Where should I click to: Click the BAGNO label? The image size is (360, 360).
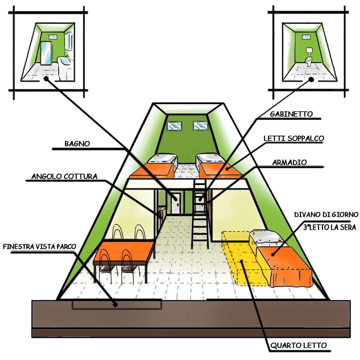click(x=77, y=144)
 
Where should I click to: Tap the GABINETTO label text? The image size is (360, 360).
click(x=291, y=114)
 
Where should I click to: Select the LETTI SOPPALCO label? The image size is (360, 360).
click(x=294, y=138)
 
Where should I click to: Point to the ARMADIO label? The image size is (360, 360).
click(x=289, y=162)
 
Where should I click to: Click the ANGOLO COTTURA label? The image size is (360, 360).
click(x=64, y=176)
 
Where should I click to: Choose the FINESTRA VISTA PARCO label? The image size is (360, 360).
click(x=40, y=247)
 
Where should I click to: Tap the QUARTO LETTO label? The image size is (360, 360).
click(x=299, y=345)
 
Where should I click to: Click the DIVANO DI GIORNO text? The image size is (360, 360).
click(x=326, y=214)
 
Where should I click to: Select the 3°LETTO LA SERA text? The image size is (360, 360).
click(x=329, y=227)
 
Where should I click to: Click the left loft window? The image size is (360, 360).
click(x=174, y=126)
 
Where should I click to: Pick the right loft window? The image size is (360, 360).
click(x=200, y=126)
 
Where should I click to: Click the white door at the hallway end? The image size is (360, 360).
click(x=176, y=202)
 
